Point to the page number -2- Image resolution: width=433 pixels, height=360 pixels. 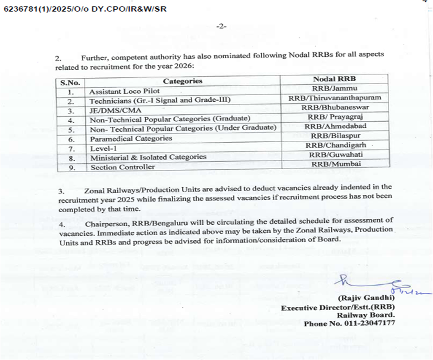(221, 26)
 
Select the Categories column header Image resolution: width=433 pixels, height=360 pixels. (182, 81)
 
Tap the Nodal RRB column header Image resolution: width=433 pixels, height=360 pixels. (334, 79)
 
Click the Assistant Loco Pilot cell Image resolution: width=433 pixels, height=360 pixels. (125, 91)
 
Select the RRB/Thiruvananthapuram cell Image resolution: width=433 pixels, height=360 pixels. (335, 98)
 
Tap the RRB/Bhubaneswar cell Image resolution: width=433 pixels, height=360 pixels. (335, 107)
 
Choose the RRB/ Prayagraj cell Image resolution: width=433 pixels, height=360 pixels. (335, 117)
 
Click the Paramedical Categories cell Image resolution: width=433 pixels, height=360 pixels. (131, 138)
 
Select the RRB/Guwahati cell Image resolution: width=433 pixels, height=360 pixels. (335, 154)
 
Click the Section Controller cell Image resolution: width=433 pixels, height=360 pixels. (123, 167)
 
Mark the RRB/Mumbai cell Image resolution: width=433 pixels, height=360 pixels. (335, 164)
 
